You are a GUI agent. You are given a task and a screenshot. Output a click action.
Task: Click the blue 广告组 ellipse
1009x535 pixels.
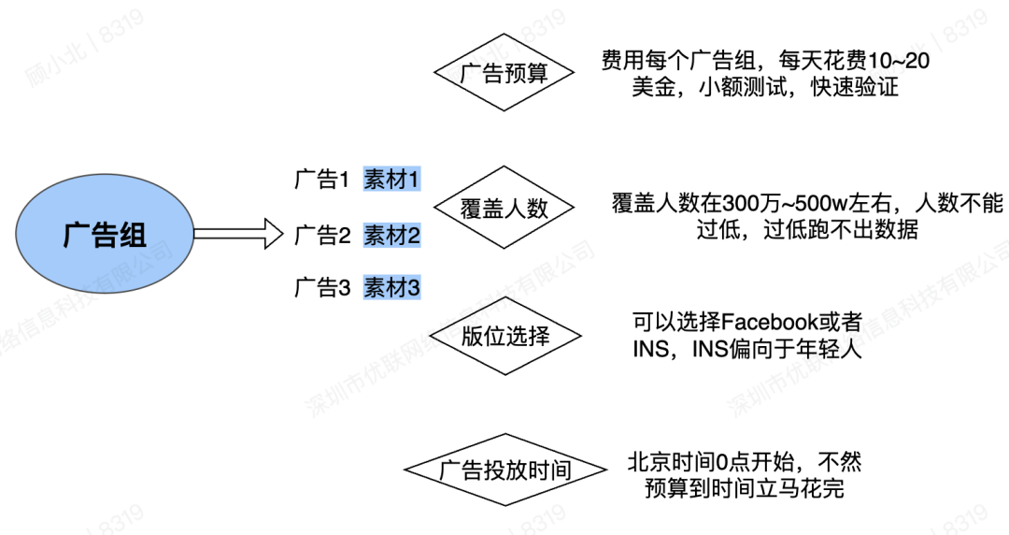[x=105, y=234]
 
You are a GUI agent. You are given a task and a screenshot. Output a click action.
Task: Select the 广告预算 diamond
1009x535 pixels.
[x=504, y=74]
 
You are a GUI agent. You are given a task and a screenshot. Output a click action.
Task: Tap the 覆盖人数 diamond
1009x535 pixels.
[x=504, y=208]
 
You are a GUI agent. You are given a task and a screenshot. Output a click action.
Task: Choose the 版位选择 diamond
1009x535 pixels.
[x=504, y=337]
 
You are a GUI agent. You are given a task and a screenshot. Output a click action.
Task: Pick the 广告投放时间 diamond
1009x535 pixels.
[x=504, y=470]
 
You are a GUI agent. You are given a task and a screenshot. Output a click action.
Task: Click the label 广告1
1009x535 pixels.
[x=320, y=180]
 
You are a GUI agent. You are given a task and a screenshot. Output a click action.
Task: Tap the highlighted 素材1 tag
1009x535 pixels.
[x=392, y=180]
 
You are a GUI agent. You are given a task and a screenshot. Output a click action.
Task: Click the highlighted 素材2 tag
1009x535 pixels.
[x=392, y=235]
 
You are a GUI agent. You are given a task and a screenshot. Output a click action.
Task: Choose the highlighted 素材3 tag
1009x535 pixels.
[x=392, y=287]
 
